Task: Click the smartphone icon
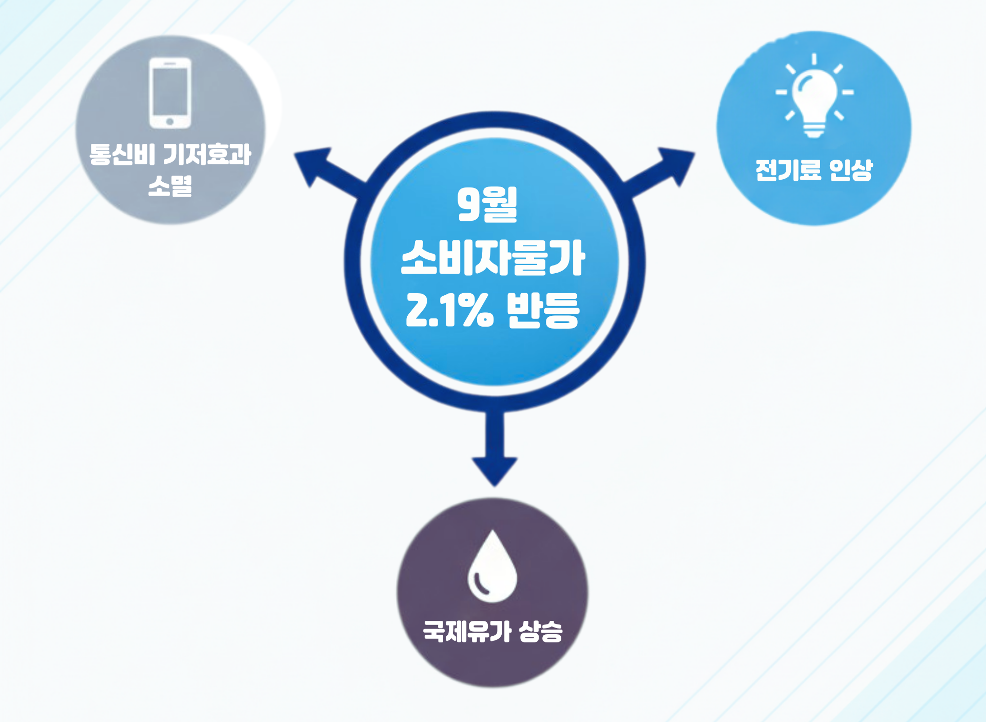click(170, 93)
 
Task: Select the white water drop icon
click(492, 567)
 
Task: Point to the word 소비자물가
click(492, 258)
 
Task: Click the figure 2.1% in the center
click(449, 310)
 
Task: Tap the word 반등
click(543, 310)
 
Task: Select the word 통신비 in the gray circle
click(122, 154)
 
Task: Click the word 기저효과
click(206, 154)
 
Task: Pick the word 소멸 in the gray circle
click(170, 186)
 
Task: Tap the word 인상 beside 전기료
click(850, 170)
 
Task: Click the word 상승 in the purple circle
click(541, 631)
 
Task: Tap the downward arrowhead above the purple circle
click(494, 469)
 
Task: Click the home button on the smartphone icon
click(170, 122)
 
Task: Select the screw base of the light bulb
click(814, 129)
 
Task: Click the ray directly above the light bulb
click(814, 59)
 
